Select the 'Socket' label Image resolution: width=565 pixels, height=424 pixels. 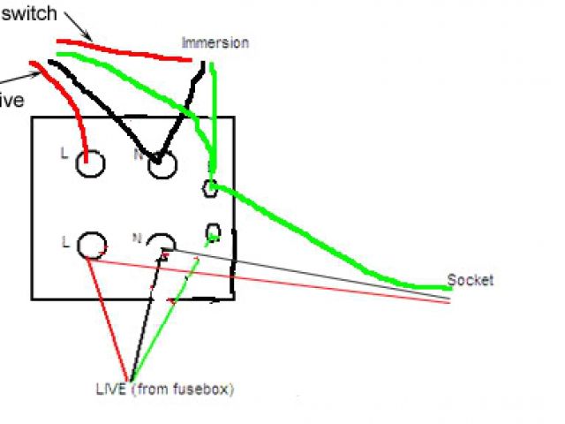471,281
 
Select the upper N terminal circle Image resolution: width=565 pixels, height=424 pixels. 162,164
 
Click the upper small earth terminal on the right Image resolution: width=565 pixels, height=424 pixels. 211,187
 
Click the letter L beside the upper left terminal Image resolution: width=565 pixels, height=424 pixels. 64,153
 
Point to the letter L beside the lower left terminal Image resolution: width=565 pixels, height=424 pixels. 65,239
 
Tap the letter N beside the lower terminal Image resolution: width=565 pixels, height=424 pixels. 137,238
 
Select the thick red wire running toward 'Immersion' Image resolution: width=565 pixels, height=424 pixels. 124,49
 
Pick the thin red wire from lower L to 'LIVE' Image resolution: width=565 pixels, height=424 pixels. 110,309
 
